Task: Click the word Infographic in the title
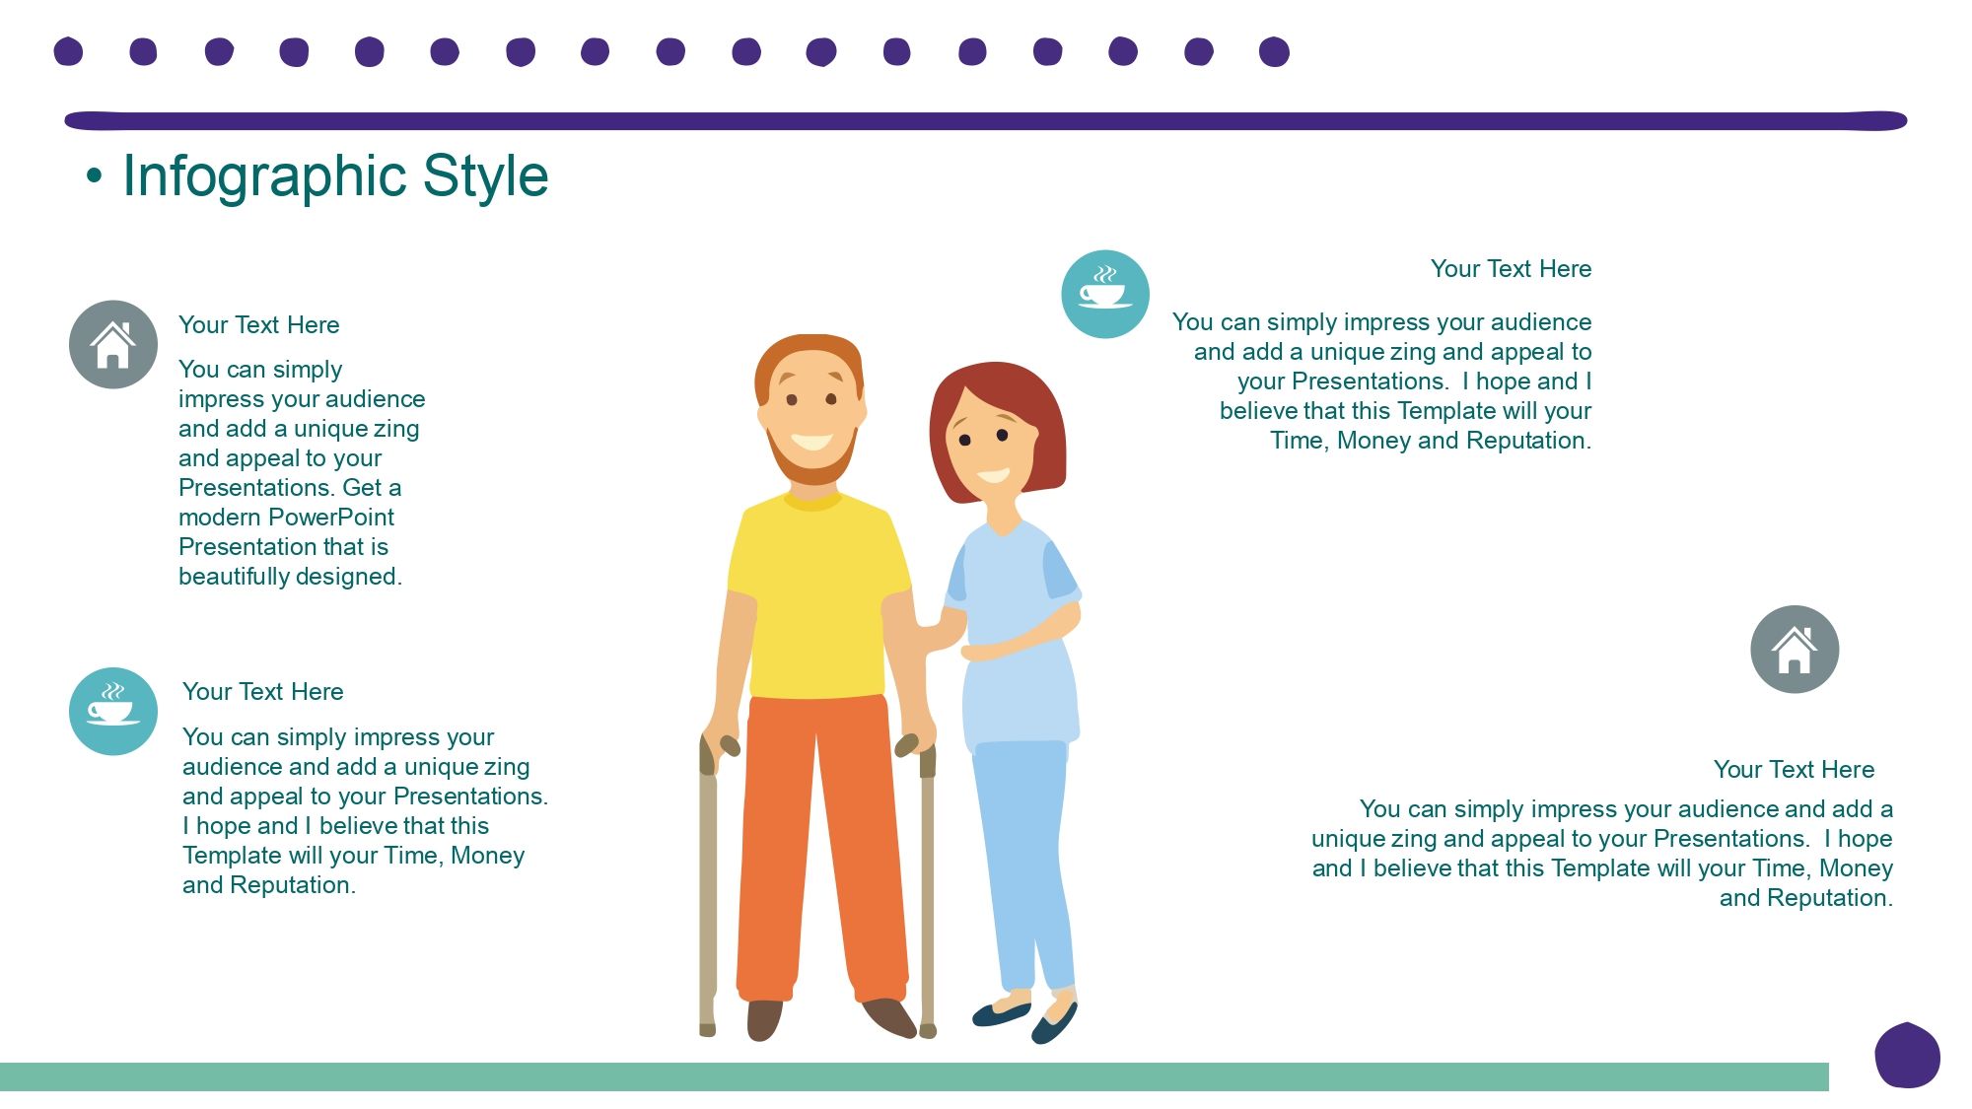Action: [265, 177]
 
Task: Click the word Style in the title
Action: [485, 177]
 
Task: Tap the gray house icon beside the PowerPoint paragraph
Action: [113, 344]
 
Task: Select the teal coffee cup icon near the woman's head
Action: [1105, 294]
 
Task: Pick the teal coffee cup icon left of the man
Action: [113, 712]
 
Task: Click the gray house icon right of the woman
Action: [1795, 649]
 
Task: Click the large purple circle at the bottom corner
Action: [1907, 1056]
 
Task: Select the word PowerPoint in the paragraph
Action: [331, 518]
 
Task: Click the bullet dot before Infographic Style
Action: [94, 176]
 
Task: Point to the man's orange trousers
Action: [821, 848]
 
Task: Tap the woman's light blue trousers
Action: [1023, 858]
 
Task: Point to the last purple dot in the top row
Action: [1274, 51]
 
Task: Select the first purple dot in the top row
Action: [68, 51]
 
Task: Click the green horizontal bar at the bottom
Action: [914, 1076]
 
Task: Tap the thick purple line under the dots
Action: [986, 120]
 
